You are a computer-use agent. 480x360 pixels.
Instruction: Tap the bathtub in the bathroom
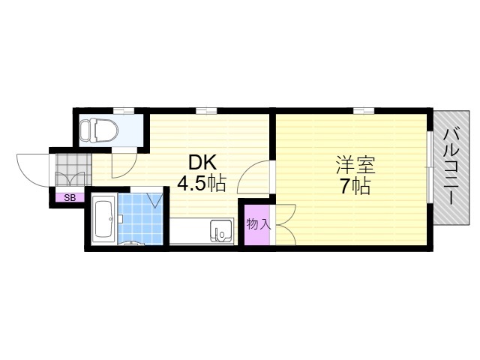[104, 219]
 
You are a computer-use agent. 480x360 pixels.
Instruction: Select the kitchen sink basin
[221, 230]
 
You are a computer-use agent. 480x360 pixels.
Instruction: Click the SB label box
[70, 198]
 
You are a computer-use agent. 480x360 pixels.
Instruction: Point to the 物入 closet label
[258, 224]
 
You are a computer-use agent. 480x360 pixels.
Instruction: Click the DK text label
[202, 163]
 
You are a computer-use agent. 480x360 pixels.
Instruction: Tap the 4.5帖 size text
[202, 184]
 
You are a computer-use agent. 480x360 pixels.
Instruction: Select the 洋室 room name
[355, 165]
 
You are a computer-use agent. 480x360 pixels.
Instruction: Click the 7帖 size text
[355, 186]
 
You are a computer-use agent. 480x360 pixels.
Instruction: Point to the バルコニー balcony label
[451, 166]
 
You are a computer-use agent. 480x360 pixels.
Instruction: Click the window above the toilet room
[124, 110]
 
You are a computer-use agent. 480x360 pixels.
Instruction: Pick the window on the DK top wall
[206, 110]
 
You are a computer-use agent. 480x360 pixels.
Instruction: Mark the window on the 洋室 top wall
[364, 110]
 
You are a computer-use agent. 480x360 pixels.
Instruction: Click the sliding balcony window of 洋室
[430, 167]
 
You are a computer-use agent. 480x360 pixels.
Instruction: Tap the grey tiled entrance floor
[73, 169]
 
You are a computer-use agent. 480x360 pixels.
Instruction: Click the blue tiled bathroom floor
[140, 219]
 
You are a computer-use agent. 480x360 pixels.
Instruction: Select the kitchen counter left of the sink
[190, 231]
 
